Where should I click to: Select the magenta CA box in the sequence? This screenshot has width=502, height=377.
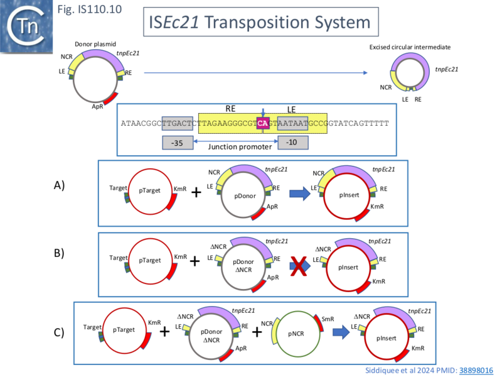pyautogui.click(x=263, y=123)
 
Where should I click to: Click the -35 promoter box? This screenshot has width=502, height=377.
pyautogui.click(x=177, y=143)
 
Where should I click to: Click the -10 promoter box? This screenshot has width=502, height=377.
pyautogui.click(x=292, y=143)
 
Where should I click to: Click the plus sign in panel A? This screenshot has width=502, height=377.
pyautogui.click(x=196, y=192)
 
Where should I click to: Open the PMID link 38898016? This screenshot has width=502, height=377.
pyautogui.click(x=476, y=371)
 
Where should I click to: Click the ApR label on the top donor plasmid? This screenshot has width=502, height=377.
pyautogui.click(x=97, y=107)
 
